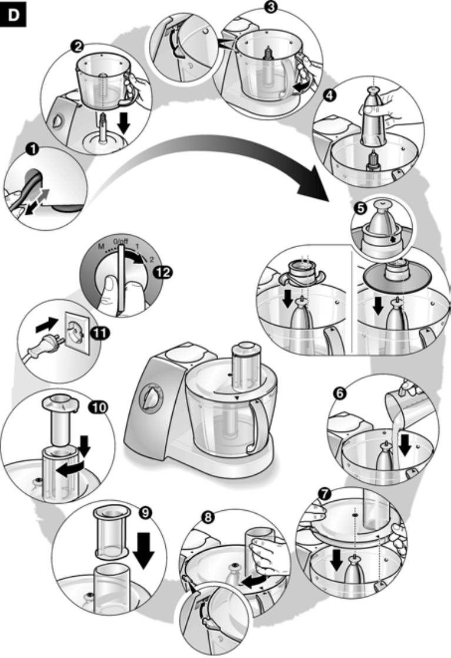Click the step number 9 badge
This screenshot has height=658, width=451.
tap(144, 511)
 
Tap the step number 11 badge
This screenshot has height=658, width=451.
tap(101, 333)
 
